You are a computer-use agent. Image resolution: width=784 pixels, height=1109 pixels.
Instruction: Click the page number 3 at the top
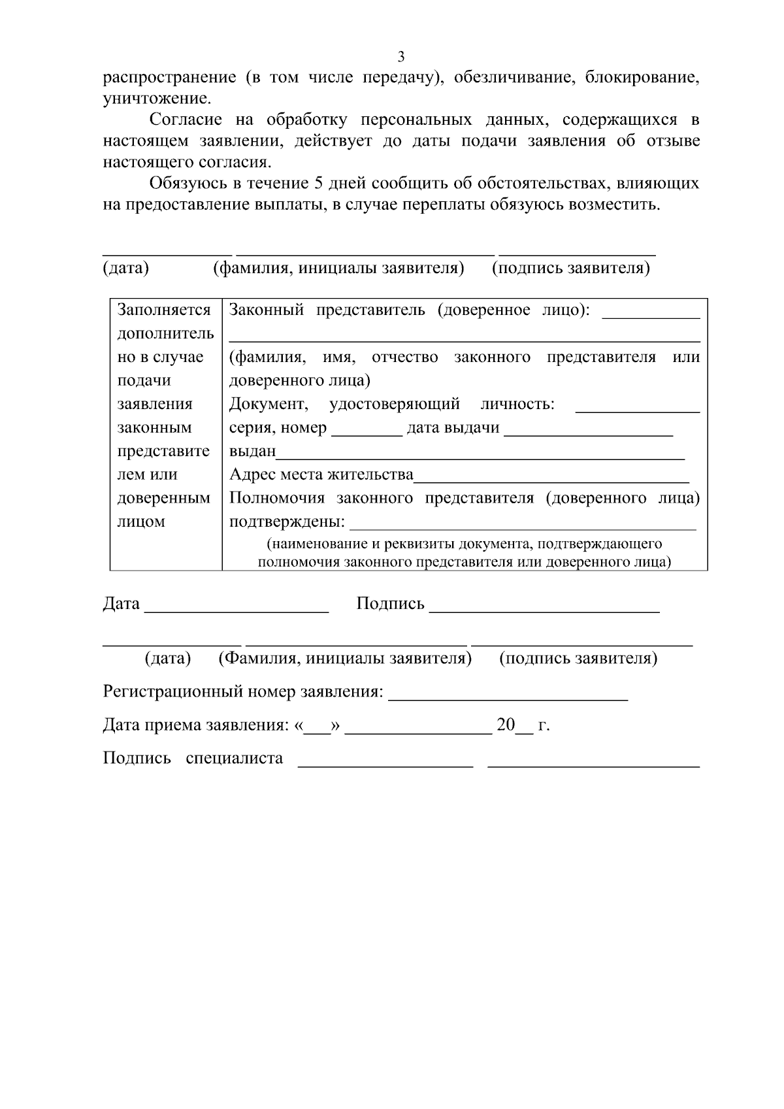(400, 56)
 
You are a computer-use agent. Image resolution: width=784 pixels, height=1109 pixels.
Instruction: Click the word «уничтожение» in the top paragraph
(157, 99)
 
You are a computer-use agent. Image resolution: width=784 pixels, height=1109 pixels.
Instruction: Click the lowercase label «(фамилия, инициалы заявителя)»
(338, 269)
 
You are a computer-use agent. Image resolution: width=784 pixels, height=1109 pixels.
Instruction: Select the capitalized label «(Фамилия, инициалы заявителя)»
(344, 658)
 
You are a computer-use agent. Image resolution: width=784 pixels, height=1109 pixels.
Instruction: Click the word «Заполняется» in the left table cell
(164, 310)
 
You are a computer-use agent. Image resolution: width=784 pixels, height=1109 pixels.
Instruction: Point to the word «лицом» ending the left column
(141, 521)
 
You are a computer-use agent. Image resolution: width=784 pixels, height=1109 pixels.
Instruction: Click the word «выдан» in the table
(253, 452)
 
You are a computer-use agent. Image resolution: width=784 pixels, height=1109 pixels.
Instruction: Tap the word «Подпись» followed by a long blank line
(390, 604)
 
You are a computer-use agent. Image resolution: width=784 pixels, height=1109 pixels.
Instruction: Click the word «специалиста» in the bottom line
(234, 758)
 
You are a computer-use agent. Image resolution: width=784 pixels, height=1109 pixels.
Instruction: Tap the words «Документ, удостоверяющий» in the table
(344, 404)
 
